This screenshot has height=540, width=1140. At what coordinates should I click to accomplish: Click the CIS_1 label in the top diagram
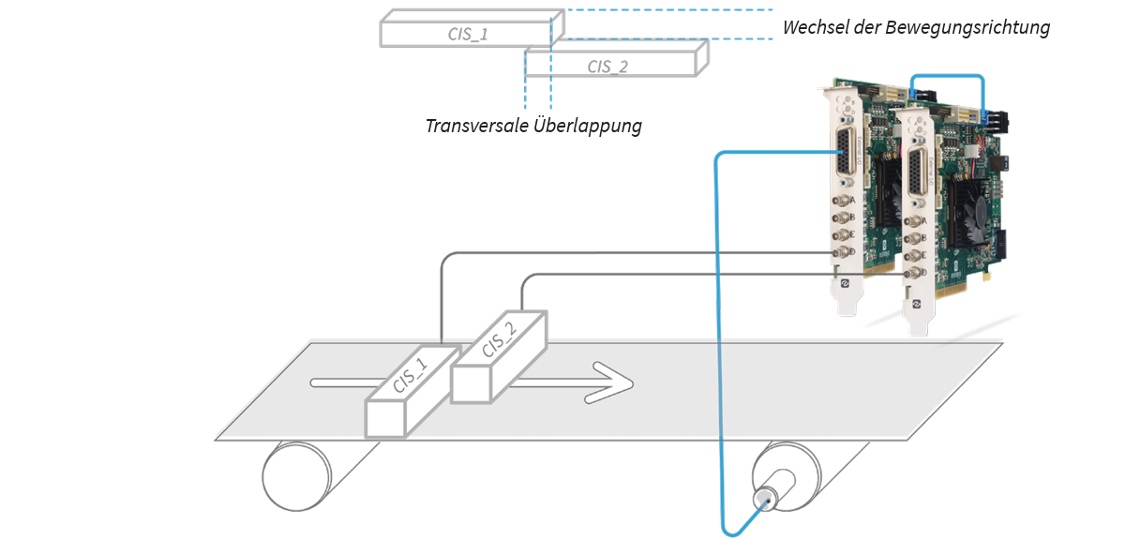tap(468, 35)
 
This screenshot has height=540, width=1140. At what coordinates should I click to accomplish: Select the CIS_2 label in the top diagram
tap(607, 66)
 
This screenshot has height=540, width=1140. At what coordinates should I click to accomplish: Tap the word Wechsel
tap(813, 27)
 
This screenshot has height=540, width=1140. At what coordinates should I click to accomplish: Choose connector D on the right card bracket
tap(909, 275)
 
